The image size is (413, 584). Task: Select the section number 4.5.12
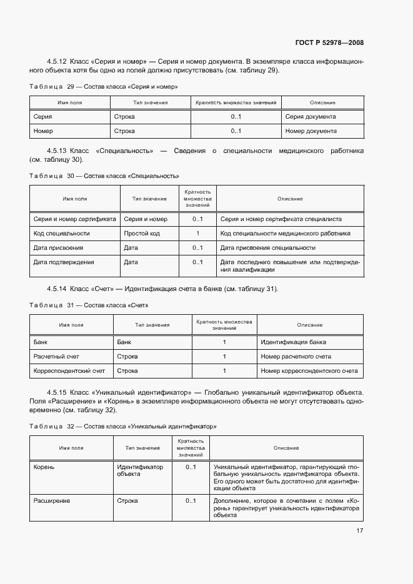pyautogui.click(x=57, y=61)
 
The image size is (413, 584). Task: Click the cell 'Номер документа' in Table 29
pyautogui.click(x=311, y=131)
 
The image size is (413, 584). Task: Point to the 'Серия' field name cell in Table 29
pyautogui.click(x=42, y=116)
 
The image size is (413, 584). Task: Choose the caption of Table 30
pyautogui.click(x=104, y=176)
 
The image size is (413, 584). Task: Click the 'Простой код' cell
pyautogui.click(x=141, y=233)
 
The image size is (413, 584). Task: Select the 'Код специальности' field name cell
pyautogui.click(x=61, y=233)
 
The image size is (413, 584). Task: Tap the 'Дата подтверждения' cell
pyautogui.click(x=64, y=262)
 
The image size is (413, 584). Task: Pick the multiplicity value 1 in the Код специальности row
pyautogui.click(x=197, y=233)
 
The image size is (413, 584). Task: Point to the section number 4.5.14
pyautogui.click(x=57, y=289)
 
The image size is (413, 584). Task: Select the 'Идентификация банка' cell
pyautogui.click(x=293, y=342)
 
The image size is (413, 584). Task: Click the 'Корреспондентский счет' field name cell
pyautogui.click(x=69, y=371)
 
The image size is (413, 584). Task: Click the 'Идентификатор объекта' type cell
pyautogui.click(x=139, y=470)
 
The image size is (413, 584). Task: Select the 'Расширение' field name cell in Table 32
pyautogui.click(x=52, y=501)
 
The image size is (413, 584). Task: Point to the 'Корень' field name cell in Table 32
pyautogui.click(x=45, y=467)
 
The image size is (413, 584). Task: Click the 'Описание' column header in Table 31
pyautogui.click(x=310, y=325)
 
